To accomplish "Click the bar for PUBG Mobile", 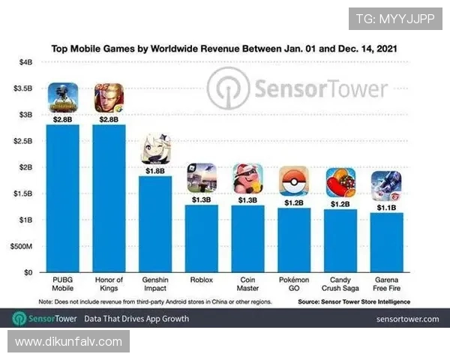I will pyautogui.click(x=63, y=199).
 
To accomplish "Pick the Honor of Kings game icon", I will pyautogui.click(x=109, y=98).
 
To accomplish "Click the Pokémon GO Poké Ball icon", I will pyautogui.click(x=294, y=182).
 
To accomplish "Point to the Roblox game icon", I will pyautogui.click(x=202, y=178).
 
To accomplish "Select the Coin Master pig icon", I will pyautogui.click(x=247, y=179).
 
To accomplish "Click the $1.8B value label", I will pyautogui.click(x=156, y=170).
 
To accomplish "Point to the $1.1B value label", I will pyautogui.click(x=386, y=207).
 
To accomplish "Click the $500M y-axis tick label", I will pyautogui.click(x=22, y=246).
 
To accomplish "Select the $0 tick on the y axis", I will pyautogui.click(x=28, y=272).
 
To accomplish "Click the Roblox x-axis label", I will pyautogui.click(x=202, y=280).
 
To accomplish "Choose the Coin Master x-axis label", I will pyautogui.click(x=247, y=284).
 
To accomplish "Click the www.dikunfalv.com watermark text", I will pyautogui.click(x=68, y=342).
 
